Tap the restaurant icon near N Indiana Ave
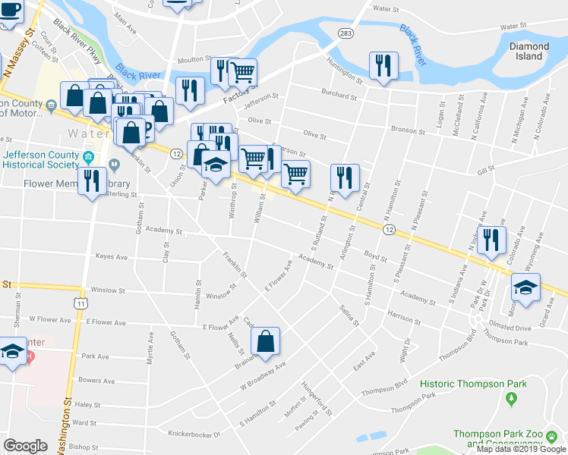[x=491, y=240]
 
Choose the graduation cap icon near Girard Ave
[x=525, y=287]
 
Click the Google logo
[x=25, y=446]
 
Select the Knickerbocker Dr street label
[x=194, y=435]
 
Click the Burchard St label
[x=339, y=96]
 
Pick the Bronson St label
[x=409, y=131]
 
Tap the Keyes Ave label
[x=112, y=256]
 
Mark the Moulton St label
[x=194, y=59]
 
